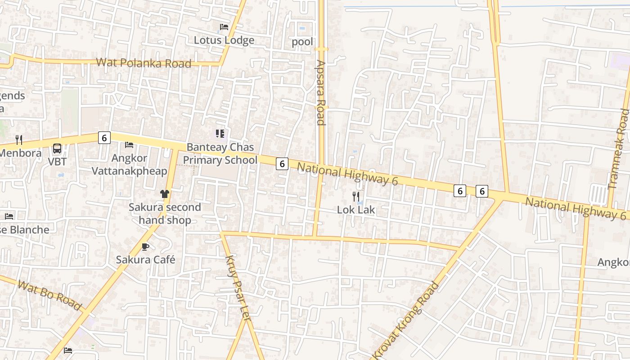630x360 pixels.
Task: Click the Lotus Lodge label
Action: tap(224, 40)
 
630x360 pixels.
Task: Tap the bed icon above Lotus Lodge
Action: tap(224, 27)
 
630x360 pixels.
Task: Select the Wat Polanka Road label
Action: tap(144, 63)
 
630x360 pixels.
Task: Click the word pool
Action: tap(302, 42)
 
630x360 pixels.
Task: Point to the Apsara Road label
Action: tap(320, 92)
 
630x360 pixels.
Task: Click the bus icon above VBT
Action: tap(57, 148)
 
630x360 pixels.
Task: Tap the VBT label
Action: tap(57, 162)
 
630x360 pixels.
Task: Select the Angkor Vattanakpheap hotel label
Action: tap(129, 165)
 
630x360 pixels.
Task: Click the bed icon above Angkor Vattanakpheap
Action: tap(129, 145)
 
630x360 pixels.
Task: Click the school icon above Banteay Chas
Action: tap(220, 133)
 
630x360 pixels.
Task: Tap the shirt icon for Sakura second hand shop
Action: tap(164, 194)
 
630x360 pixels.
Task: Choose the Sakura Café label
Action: tap(145, 260)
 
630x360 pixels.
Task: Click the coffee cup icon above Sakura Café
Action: tap(145, 247)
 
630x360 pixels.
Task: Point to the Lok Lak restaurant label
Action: tap(356, 210)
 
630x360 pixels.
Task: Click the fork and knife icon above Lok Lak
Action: tap(355, 196)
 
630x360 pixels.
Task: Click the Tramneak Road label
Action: tap(619, 149)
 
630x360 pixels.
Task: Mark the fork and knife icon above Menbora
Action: tap(18, 139)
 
